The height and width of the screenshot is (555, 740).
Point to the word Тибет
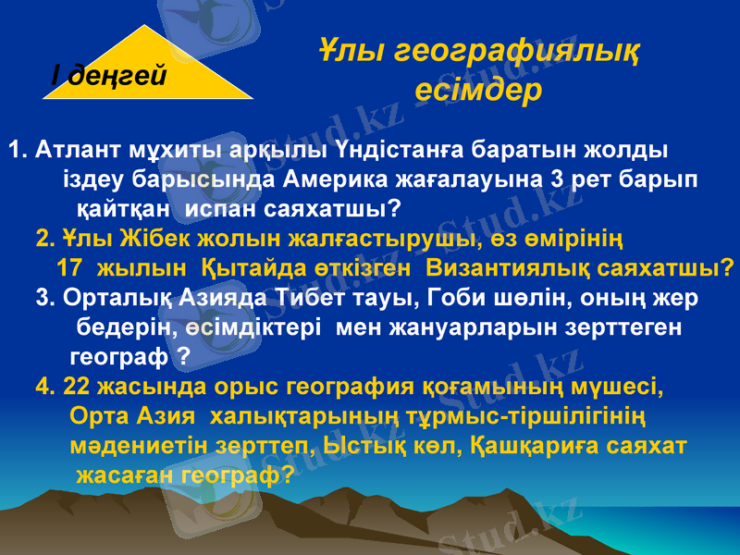click(x=308, y=298)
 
